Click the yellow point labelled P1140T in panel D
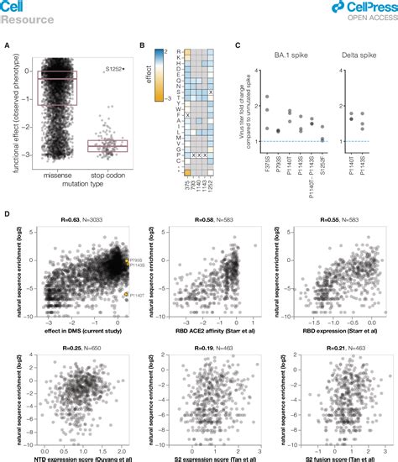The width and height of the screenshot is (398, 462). pos(125,295)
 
